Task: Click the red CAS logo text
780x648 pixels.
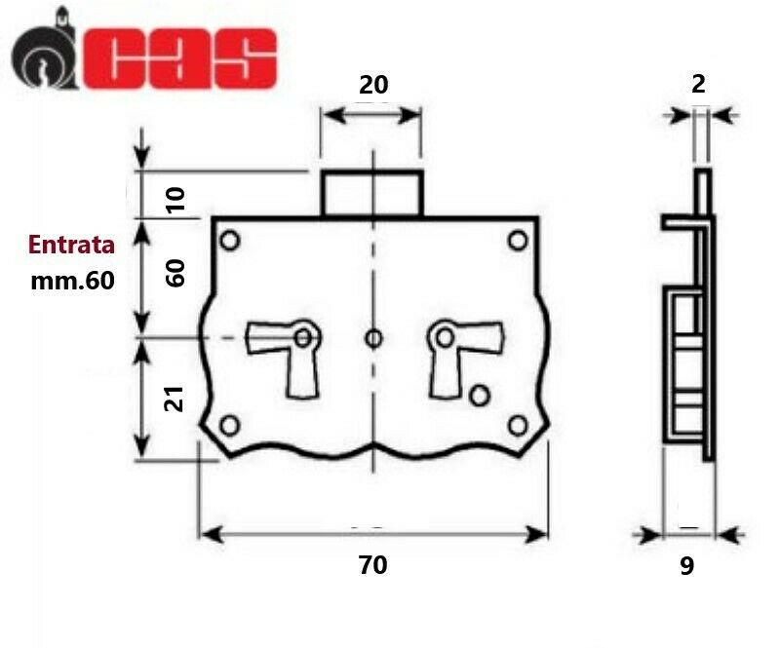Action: [179, 58]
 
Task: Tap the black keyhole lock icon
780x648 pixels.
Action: [44, 50]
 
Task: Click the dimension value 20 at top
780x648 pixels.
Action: [373, 85]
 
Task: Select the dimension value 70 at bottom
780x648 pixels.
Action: [372, 565]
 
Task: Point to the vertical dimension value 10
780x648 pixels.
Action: [175, 200]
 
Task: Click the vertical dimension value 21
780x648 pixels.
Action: [175, 399]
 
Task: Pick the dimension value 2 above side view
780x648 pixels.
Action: [698, 85]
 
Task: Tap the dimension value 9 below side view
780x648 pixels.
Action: [687, 566]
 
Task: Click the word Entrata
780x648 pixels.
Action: [71, 245]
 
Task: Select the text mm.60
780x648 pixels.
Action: [72, 281]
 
